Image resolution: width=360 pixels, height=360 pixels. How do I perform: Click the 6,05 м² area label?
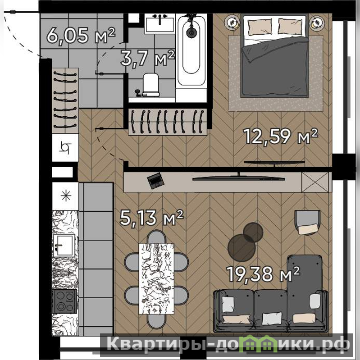(81, 36)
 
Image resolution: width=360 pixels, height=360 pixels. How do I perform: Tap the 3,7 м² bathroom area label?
(147, 58)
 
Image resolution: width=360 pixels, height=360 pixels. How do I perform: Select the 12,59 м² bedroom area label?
(280, 137)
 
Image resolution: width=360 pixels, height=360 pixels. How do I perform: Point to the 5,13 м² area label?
(151, 217)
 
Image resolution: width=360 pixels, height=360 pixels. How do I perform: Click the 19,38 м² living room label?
(263, 274)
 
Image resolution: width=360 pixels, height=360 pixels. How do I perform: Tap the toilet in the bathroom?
(150, 85)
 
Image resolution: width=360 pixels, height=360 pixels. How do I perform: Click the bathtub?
(191, 50)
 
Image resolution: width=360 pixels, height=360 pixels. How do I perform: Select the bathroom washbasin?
(160, 23)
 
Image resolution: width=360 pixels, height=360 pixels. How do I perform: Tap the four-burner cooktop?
(64, 301)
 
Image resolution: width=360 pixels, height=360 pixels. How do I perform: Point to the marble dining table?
(156, 279)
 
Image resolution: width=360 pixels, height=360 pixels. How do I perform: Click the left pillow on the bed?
(260, 27)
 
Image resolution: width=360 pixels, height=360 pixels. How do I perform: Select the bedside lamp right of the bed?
(317, 23)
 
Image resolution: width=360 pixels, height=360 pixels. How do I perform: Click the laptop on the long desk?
(156, 181)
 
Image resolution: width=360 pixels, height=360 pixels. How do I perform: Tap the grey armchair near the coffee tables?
(308, 223)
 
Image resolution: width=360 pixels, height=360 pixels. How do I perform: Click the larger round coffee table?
(242, 248)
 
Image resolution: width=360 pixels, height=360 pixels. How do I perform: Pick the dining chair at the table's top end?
(156, 237)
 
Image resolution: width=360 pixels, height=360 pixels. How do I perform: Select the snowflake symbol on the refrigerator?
(66, 196)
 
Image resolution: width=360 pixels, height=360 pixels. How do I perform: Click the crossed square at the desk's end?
(315, 182)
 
